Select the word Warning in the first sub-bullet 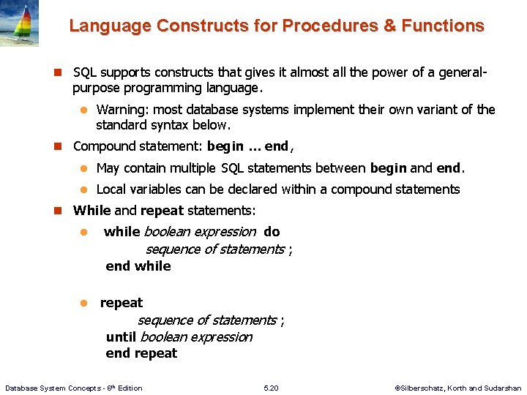click(x=122, y=110)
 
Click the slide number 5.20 click(x=271, y=388)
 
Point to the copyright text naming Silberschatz click(x=457, y=388)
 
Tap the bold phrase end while click(x=138, y=266)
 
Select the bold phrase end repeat click(x=141, y=353)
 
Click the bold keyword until click(x=121, y=336)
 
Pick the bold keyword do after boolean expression click(x=272, y=232)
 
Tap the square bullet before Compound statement click(x=60, y=146)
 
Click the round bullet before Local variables click(x=83, y=189)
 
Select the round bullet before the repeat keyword click(x=83, y=303)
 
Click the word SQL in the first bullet click(x=85, y=72)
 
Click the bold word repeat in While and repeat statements click(x=162, y=211)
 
